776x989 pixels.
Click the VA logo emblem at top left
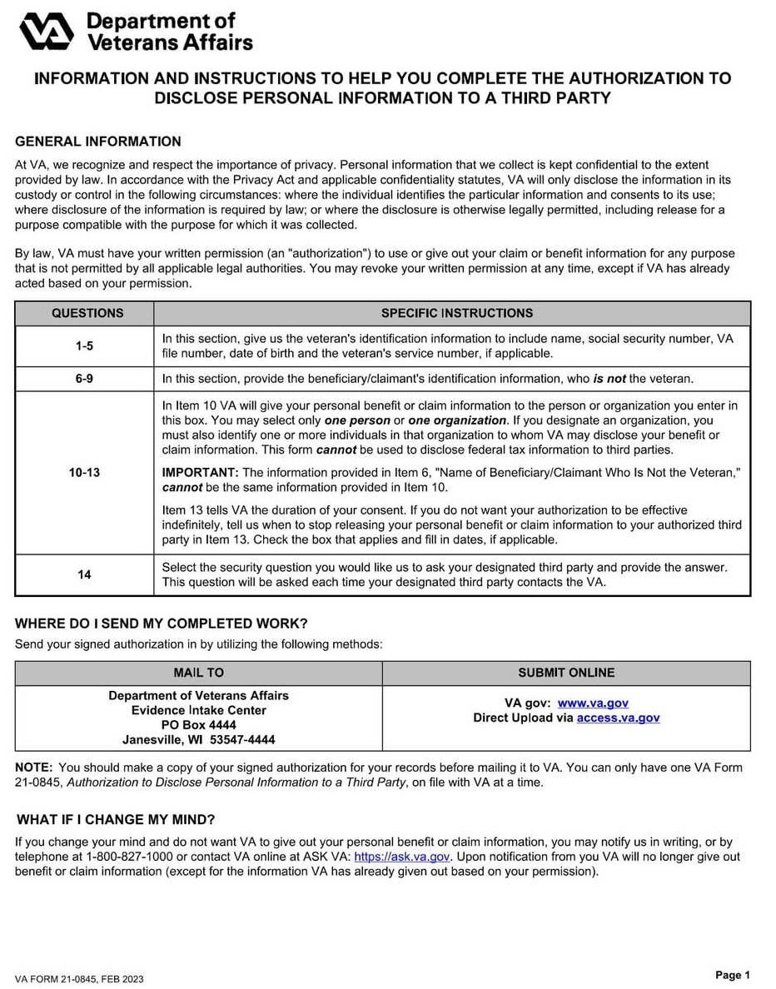[x=47, y=31]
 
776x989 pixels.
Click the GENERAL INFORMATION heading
[x=98, y=142]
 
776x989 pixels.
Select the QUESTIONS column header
[x=87, y=313]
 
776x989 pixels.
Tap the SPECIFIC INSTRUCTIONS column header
[x=457, y=313]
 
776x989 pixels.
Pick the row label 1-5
[x=84, y=345]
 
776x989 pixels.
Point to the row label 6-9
[x=84, y=379]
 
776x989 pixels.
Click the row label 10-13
[x=84, y=472]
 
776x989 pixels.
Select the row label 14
[x=84, y=574]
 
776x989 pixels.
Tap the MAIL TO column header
[x=198, y=673]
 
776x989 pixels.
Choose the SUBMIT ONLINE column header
[x=566, y=673]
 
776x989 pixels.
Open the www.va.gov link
[x=593, y=703]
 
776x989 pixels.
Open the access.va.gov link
[x=618, y=718]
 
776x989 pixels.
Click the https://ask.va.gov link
[x=402, y=857]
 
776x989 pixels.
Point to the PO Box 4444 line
[x=198, y=725]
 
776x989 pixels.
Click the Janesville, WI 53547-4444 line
[x=198, y=739]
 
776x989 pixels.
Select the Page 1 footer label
[x=733, y=975]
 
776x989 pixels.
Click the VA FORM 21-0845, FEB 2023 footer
[x=79, y=979]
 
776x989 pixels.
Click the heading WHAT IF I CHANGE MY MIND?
[x=115, y=819]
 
